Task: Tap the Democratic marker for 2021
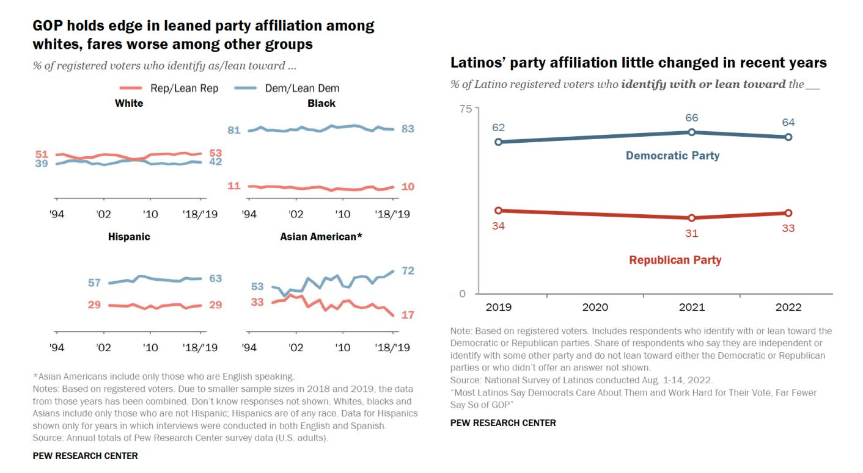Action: click(691, 132)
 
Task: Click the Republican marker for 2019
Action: click(498, 211)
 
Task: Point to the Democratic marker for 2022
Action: click(788, 137)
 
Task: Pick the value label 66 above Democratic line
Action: click(692, 118)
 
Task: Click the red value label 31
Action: click(691, 233)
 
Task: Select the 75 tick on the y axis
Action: click(465, 109)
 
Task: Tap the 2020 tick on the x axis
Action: click(594, 307)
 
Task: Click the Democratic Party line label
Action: click(672, 156)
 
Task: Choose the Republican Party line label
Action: click(675, 260)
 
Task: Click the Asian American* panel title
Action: click(321, 236)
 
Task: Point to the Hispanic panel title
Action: click(129, 236)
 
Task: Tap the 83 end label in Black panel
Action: click(408, 129)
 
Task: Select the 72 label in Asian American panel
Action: click(408, 270)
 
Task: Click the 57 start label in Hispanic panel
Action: click(94, 283)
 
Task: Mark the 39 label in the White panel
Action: click(42, 164)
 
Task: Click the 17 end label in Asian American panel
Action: click(408, 315)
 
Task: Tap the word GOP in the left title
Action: click(48, 26)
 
